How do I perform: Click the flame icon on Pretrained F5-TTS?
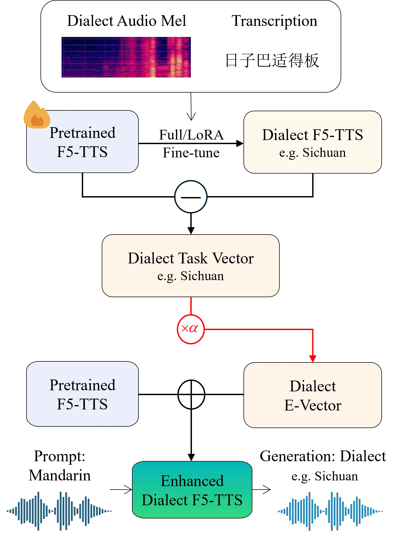click(36, 115)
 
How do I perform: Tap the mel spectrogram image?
click(126, 57)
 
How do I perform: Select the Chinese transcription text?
click(272, 60)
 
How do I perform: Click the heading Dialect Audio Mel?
click(126, 21)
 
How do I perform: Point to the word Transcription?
click(274, 21)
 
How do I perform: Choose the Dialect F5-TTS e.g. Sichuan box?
click(313, 142)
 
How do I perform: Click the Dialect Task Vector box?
click(191, 266)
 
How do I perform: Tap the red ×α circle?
click(191, 329)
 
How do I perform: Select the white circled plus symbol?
click(191, 394)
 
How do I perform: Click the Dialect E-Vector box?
click(313, 395)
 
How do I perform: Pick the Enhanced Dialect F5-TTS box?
click(192, 490)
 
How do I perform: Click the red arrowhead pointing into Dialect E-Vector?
click(313, 358)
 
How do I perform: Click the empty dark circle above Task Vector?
click(191, 196)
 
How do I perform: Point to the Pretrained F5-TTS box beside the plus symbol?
click(82, 394)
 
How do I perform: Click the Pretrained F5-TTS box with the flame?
click(82, 142)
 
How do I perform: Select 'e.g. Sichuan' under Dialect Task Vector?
click(191, 276)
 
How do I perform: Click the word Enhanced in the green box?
click(192, 481)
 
